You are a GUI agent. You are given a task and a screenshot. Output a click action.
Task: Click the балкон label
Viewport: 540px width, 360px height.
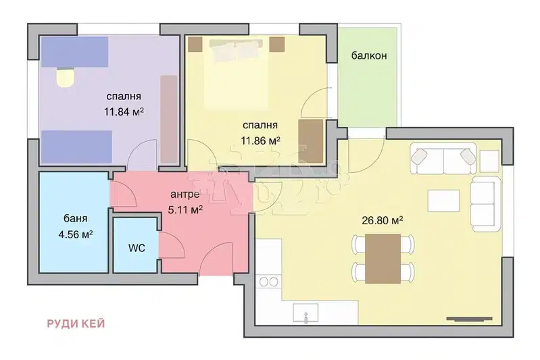[x=369, y=55]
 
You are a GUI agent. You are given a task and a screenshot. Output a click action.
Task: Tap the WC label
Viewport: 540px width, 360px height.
[x=137, y=248]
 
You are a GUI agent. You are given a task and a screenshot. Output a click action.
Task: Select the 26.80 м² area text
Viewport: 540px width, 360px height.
[x=383, y=220]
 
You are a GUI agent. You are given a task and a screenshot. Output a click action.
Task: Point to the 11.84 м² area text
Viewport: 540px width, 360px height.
[x=124, y=112]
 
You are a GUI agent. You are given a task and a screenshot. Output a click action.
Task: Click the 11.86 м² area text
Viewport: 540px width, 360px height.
[x=260, y=140]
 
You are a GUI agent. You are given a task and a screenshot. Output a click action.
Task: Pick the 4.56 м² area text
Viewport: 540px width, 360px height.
[x=76, y=235]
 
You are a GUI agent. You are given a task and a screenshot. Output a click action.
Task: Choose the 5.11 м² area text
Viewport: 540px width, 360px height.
[x=185, y=209]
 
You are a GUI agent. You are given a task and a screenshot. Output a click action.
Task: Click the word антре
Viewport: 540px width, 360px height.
[x=185, y=195]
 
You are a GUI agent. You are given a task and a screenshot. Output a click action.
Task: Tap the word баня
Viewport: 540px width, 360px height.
[x=76, y=219]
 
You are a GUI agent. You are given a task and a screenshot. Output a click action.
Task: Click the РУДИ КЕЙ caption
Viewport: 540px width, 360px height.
[x=76, y=324]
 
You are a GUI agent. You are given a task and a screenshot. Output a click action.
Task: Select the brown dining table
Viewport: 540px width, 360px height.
[x=383, y=259]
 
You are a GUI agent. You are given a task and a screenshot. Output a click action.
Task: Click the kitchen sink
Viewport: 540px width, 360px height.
[x=305, y=313]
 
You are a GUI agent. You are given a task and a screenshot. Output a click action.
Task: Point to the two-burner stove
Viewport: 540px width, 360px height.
[x=269, y=282]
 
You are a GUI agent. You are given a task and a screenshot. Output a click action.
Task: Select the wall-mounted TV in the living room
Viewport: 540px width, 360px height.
[x=470, y=319]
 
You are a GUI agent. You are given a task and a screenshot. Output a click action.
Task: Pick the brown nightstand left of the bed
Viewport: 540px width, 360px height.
[x=195, y=45]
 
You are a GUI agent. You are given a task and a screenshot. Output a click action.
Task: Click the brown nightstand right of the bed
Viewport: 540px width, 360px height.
[x=277, y=45]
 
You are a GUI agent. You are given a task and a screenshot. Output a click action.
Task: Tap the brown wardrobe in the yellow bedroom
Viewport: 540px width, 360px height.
[x=311, y=141]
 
